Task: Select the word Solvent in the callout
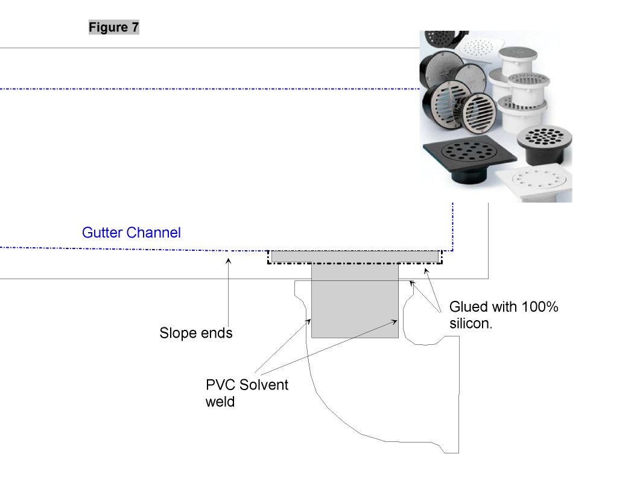(264, 385)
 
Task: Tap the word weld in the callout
(220, 402)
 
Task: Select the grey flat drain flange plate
(355, 256)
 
